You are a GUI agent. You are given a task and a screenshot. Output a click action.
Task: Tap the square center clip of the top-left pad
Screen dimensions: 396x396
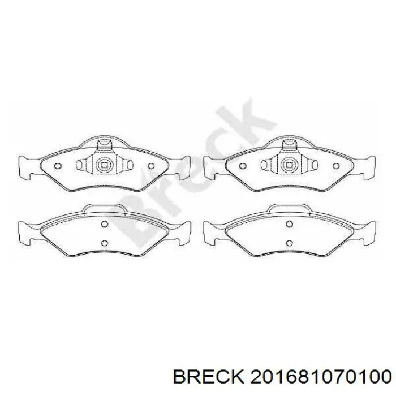click(104, 166)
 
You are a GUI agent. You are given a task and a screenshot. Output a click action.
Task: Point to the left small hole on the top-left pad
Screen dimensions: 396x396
click(58, 166)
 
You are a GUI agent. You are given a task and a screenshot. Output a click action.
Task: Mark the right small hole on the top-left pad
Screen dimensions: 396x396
click(151, 166)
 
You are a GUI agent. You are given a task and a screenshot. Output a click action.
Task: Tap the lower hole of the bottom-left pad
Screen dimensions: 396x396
click(104, 243)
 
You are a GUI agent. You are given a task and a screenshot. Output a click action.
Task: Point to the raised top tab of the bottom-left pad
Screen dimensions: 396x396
click(104, 209)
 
